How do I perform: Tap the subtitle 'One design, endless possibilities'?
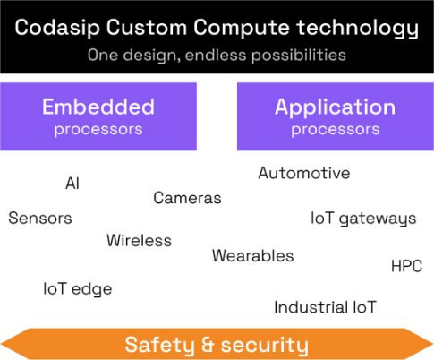tap(217, 55)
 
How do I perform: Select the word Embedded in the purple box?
tap(98, 107)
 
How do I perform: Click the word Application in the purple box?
tap(335, 107)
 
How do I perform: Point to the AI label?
tap(72, 183)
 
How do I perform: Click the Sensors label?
tap(40, 218)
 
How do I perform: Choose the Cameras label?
tap(187, 198)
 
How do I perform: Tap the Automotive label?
tap(304, 173)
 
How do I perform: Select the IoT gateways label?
tap(363, 218)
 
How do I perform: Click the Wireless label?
tap(139, 240)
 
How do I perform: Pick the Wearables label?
tap(252, 256)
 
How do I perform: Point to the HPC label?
tap(407, 266)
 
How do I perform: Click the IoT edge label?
tap(78, 288)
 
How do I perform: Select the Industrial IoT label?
tap(325, 307)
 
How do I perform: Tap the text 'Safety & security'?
tap(217, 345)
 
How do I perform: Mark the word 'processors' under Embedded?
tap(98, 129)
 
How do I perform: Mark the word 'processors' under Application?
tap(335, 129)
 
